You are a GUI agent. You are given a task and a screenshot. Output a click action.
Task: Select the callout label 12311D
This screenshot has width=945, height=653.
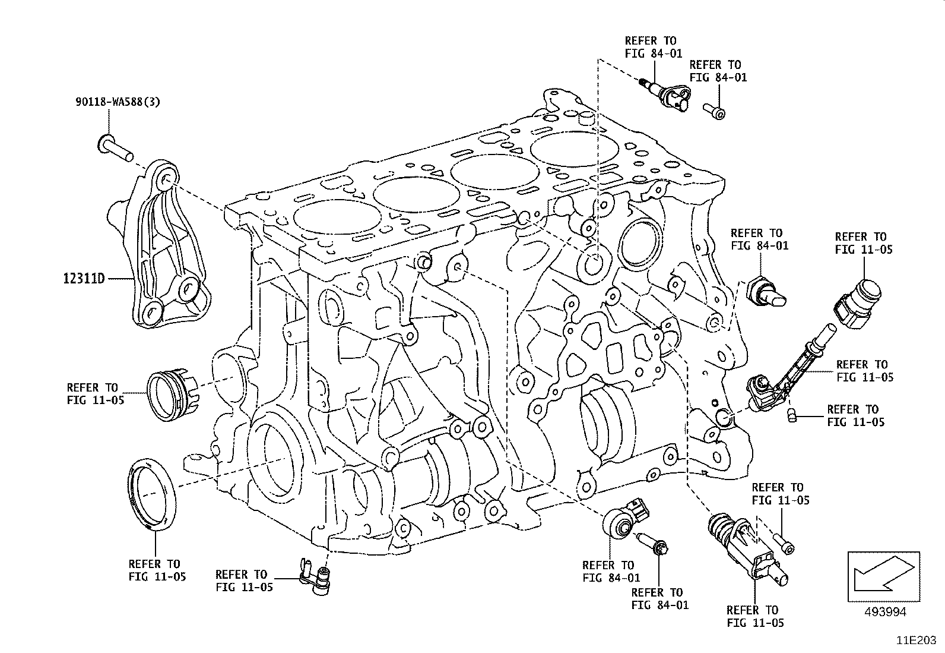coord(84,278)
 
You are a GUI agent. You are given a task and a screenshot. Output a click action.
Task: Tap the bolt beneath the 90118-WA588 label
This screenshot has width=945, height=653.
coord(116,147)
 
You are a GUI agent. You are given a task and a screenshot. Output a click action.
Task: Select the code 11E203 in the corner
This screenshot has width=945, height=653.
coord(917,641)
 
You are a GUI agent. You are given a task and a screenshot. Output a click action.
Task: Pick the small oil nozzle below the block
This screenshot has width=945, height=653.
coord(317,576)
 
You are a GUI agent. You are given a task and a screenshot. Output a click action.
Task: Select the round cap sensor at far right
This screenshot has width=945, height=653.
coord(860,306)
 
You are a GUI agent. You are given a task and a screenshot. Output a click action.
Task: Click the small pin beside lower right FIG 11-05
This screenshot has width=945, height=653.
coord(791,415)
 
